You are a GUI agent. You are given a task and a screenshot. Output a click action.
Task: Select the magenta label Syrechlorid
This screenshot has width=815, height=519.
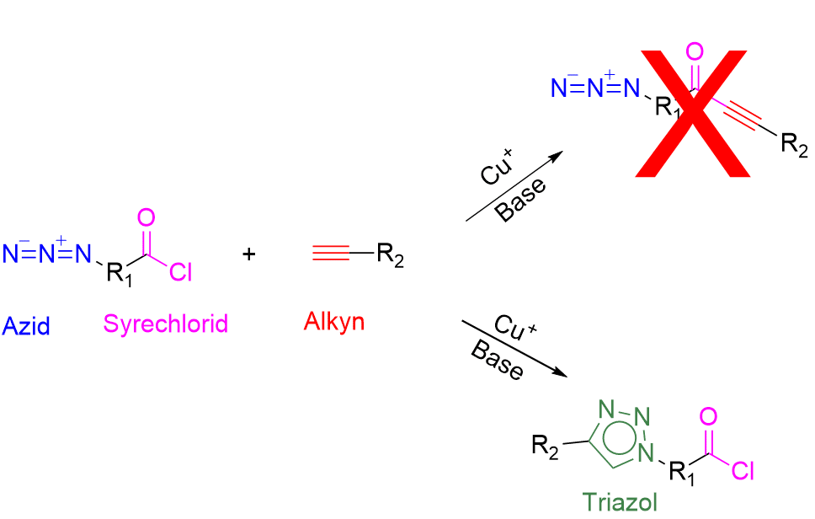click(x=166, y=324)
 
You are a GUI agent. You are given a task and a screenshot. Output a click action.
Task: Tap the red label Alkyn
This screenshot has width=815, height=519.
click(x=334, y=321)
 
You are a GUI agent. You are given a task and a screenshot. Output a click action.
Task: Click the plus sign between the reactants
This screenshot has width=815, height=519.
click(x=249, y=253)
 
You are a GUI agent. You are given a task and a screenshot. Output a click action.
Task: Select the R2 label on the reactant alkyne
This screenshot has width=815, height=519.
click(x=390, y=254)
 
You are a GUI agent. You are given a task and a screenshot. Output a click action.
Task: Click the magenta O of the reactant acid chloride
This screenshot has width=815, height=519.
click(x=146, y=218)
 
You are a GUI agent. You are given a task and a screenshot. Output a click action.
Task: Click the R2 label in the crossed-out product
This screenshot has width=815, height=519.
click(x=793, y=145)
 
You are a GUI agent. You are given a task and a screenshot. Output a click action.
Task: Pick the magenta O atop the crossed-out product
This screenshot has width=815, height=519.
click(x=695, y=52)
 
